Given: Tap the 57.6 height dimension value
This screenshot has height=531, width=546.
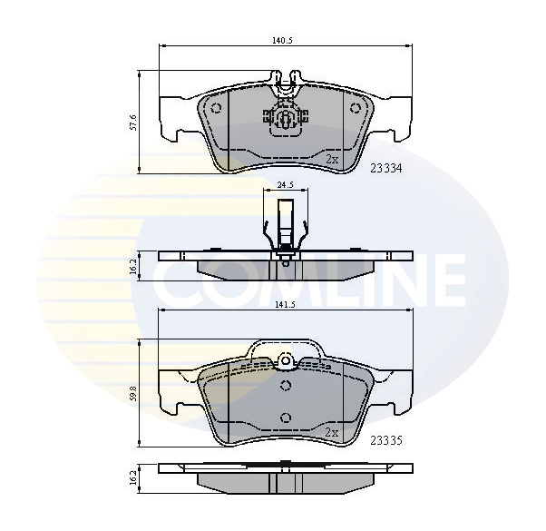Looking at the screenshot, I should (132, 120).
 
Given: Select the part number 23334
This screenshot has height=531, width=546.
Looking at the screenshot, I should (386, 167).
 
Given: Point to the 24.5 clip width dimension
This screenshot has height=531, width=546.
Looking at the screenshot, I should (285, 184).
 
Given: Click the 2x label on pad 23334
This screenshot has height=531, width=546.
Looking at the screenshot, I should (332, 159).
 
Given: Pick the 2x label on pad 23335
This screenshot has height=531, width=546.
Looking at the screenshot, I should (332, 432).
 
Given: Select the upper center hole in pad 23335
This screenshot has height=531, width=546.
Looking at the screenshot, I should (285, 386).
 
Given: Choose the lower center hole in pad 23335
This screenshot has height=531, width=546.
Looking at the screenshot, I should (285, 417).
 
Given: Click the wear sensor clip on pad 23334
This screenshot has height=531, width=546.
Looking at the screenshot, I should (285, 120).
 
